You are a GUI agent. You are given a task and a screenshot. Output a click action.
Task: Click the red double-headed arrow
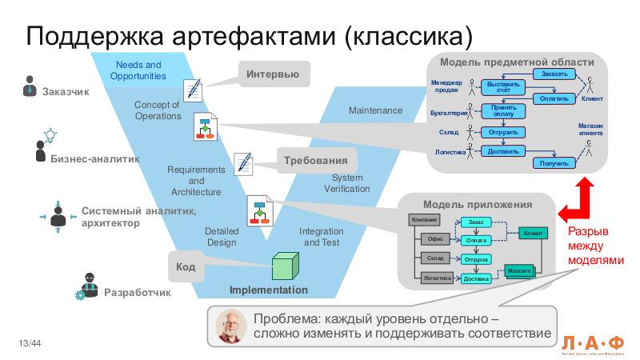pos(578,199)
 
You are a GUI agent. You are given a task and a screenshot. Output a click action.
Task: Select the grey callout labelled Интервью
pos(272,74)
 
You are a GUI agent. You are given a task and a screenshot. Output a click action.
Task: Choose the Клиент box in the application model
pos(532,233)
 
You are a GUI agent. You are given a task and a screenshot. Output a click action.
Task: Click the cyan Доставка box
pos(476,278)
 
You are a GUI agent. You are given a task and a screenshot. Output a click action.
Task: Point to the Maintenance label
pos(375,110)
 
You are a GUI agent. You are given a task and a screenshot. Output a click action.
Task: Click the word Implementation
pos(268,290)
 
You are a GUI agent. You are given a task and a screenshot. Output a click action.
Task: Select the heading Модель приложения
pos(477,205)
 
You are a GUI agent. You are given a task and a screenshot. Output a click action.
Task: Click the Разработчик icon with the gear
pos(86,286)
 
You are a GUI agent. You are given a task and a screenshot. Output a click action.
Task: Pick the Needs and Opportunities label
pos(138,70)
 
